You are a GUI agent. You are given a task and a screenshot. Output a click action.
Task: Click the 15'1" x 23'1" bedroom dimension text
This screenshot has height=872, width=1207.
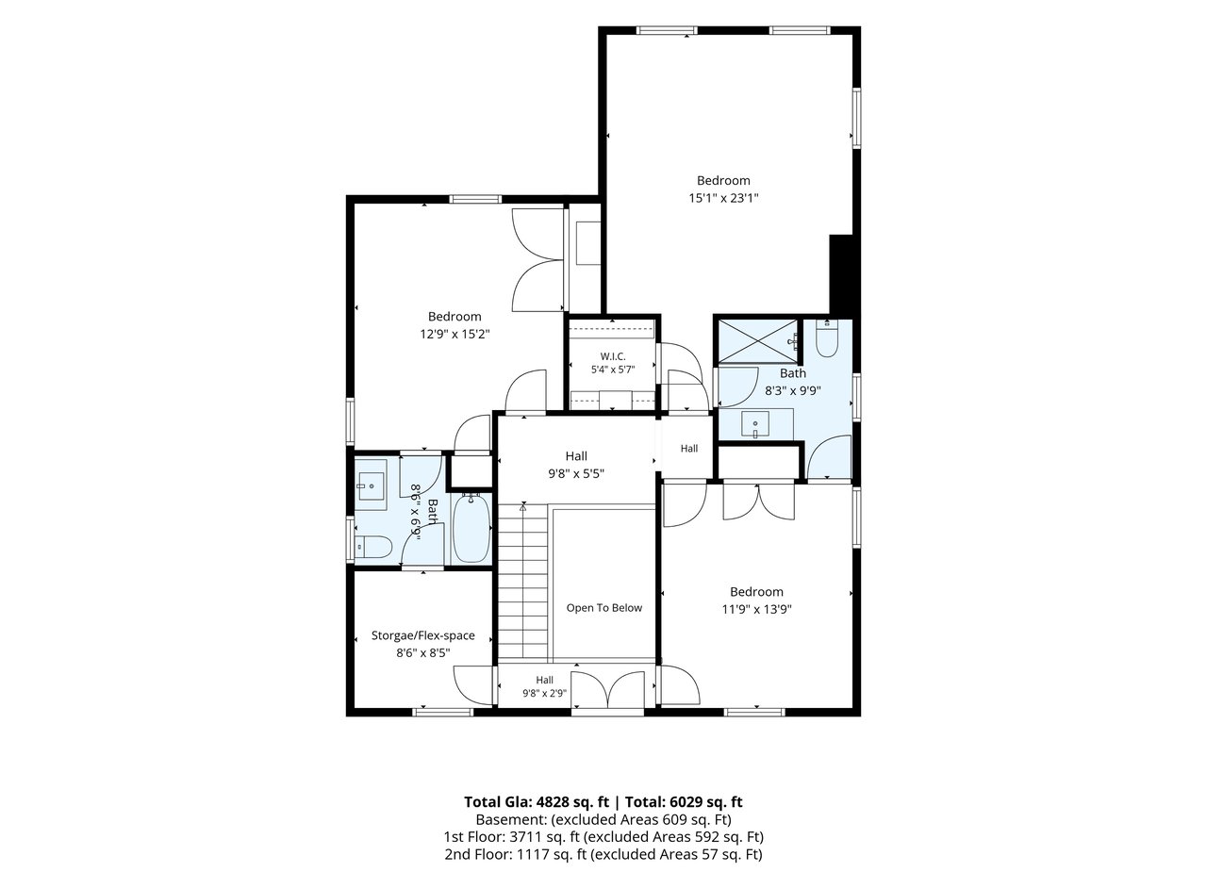point(723,198)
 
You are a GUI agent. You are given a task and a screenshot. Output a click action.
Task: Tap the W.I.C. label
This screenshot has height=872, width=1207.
point(613,356)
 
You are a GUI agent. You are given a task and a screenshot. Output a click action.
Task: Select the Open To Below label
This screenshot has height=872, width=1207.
point(604,607)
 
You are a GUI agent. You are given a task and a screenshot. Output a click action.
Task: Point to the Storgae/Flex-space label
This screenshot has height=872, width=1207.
point(423,635)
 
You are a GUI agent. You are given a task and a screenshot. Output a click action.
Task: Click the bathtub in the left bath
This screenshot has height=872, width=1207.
point(471,529)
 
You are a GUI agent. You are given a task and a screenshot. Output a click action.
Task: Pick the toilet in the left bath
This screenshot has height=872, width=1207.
point(372,548)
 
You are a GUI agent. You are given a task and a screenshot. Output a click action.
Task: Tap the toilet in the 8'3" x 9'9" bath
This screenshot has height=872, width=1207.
point(827,338)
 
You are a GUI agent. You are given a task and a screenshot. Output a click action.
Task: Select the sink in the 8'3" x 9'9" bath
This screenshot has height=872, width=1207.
point(755,424)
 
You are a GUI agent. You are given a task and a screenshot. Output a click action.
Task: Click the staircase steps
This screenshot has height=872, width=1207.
point(522,581)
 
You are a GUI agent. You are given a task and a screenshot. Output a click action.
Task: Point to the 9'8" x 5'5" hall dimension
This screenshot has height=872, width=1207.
point(576,474)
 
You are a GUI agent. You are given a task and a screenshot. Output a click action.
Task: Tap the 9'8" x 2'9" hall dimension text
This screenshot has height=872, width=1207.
point(544,693)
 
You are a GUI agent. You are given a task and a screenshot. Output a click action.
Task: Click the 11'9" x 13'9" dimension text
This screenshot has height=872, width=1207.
point(756,610)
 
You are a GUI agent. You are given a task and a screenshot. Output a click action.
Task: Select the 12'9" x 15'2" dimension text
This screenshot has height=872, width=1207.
point(455,335)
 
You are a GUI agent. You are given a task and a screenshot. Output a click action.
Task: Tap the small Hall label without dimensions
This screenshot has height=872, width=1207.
point(689,448)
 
